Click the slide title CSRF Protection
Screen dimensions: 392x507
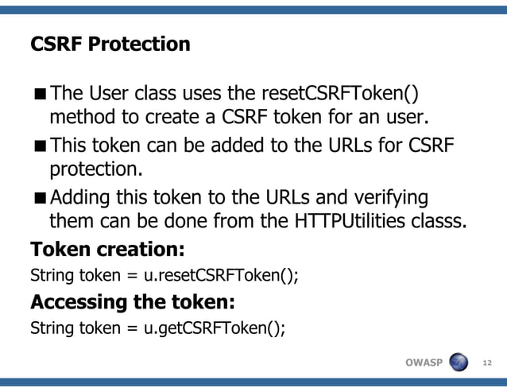pos(110,44)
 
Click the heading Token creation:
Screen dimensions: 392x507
pos(107,250)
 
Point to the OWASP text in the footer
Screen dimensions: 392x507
pos(424,363)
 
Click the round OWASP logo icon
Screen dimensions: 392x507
pos(459,363)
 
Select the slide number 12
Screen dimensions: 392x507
pos(487,363)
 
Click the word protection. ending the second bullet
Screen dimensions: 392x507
pos(93,170)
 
